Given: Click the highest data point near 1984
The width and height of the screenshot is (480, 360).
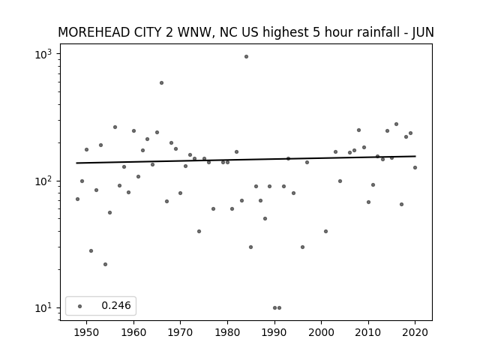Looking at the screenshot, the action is [246, 57].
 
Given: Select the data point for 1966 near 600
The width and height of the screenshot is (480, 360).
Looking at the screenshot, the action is [162, 83].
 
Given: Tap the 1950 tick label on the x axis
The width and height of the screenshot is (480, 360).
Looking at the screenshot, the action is [87, 332].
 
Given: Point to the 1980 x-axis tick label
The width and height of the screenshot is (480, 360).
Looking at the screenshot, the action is [227, 332].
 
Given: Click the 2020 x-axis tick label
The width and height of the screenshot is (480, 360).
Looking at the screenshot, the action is [415, 332].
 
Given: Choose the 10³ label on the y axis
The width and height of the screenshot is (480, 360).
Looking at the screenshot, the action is [43, 55].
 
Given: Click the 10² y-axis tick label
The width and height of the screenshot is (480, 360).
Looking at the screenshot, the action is [43, 181].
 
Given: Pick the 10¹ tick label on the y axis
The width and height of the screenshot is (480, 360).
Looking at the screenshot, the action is [43, 308].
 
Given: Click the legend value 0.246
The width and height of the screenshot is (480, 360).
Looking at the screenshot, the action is [116, 305].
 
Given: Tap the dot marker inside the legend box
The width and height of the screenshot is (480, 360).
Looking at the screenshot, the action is [80, 306].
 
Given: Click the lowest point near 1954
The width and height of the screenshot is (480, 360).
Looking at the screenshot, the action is [105, 265].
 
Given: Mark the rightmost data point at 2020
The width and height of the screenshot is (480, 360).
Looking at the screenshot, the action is [415, 168].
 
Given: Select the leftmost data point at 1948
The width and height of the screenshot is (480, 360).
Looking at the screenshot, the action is [77, 199].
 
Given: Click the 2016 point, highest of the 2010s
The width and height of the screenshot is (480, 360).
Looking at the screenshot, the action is [397, 124].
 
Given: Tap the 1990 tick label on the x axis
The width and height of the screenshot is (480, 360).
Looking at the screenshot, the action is [274, 332].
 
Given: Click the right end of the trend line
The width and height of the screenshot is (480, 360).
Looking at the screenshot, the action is [415, 156].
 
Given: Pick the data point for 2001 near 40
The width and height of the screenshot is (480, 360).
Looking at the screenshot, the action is [325, 232].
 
